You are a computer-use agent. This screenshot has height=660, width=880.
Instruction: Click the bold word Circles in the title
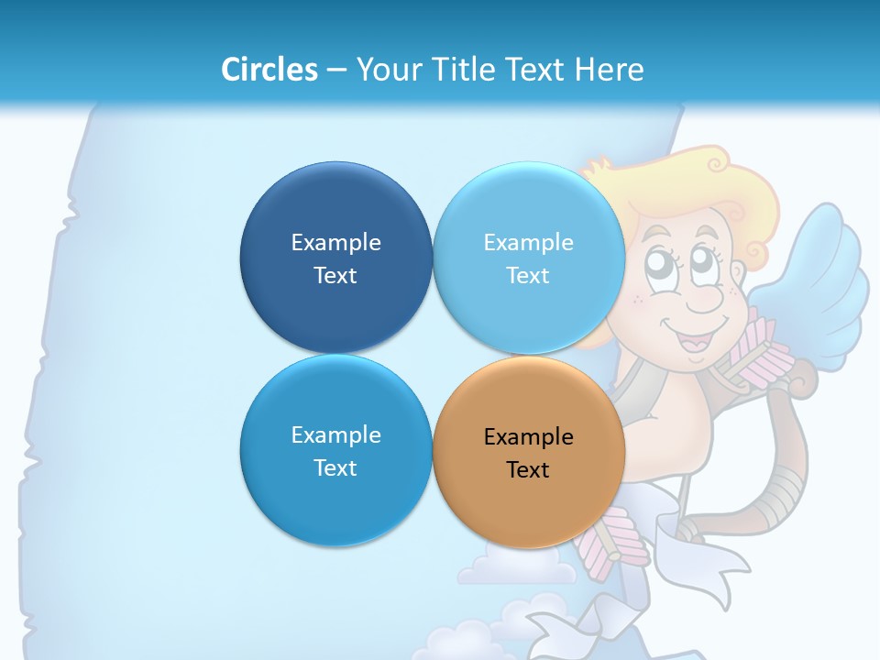point(269,69)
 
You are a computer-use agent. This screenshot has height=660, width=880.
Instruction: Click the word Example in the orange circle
point(528,437)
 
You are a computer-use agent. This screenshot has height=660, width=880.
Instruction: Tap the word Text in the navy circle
point(335,276)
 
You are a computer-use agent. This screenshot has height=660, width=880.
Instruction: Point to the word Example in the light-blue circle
point(528,243)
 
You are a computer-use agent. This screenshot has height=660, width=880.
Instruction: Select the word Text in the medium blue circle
point(335,468)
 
